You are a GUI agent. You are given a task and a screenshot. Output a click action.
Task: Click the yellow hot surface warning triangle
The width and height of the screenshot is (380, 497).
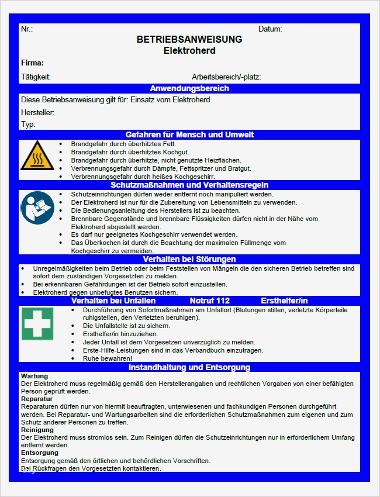point(37,156)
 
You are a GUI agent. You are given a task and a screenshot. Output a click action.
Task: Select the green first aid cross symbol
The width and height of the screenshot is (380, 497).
point(37,323)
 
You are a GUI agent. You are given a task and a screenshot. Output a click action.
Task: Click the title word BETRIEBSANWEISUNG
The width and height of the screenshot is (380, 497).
point(189,40)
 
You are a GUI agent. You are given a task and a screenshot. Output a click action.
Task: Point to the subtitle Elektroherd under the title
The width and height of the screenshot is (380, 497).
point(189,51)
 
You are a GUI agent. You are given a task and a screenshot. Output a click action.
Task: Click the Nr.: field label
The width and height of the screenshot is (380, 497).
point(27,29)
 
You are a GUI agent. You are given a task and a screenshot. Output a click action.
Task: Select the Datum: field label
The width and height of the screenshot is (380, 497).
point(270,29)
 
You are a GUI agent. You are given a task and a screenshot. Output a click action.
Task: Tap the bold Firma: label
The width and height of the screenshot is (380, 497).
point(32,63)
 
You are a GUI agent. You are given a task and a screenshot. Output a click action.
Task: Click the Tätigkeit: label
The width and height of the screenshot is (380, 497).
point(36,77)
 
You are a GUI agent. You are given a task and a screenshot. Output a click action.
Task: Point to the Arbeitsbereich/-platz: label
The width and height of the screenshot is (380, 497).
point(226,77)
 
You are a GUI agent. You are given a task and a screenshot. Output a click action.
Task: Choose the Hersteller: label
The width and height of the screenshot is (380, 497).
point(37,112)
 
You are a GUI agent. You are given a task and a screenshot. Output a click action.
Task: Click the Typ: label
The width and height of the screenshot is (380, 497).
point(28,124)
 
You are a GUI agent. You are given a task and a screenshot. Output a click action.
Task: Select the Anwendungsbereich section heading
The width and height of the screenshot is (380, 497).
point(189,89)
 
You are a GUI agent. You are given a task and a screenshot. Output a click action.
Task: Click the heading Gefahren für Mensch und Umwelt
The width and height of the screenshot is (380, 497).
point(189,135)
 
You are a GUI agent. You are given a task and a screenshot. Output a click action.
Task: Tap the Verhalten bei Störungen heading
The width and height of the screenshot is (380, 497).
point(189,259)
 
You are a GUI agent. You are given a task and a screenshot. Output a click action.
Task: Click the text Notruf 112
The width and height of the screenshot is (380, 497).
point(210,301)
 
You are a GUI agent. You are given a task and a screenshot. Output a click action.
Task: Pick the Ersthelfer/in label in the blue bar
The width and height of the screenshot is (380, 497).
point(284,301)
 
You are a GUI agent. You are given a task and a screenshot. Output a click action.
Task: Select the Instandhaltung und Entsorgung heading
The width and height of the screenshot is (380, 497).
point(189,368)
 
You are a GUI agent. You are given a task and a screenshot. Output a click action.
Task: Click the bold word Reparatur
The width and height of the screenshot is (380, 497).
point(37,399)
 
